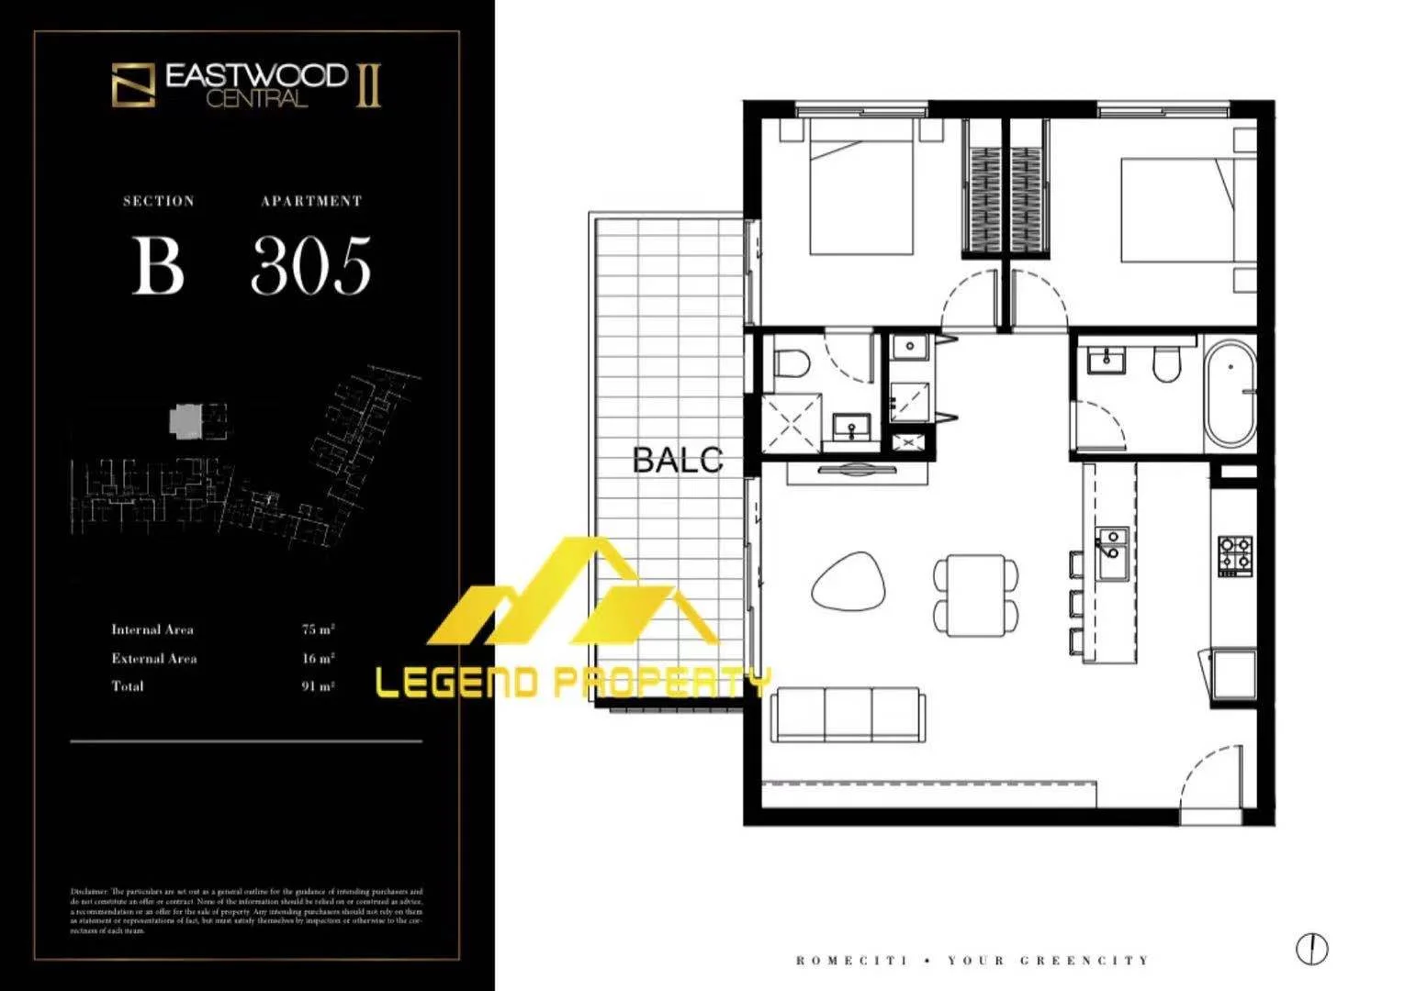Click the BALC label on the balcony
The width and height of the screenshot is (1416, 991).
pyautogui.click(x=678, y=460)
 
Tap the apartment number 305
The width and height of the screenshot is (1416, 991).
pyautogui.click(x=310, y=265)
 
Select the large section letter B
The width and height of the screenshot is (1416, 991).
pyautogui.click(x=158, y=265)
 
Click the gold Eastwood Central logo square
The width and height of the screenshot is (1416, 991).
pyautogui.click(x=133, y=84)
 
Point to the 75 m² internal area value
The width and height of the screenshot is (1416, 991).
pyautogui.click(x=318, y=629)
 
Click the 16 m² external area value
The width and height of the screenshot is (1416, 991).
pyautogui.click(x=318, y=658)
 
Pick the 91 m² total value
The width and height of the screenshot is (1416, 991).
pyautogui.click(x=318, y=686)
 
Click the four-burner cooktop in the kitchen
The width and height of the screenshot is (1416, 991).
pyautogui.click(x=1234, y=556)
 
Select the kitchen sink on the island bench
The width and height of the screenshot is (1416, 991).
pyautogui.click(x=1112, y=554)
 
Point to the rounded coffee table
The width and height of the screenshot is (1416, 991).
pyautogui.click(x=849, y=582)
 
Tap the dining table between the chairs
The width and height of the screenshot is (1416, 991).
pyautogui.click(x=975, y=595)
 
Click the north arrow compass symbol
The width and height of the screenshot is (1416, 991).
pyautogui.click(x=1311, y=948)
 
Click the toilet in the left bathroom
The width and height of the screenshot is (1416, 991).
pyautogui.click(x=790, y=363)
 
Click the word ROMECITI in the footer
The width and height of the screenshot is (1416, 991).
pyautogui.click(x=851, y=961)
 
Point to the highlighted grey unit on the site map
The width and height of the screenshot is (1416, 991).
pyautogui.click(x=184, y=421)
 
